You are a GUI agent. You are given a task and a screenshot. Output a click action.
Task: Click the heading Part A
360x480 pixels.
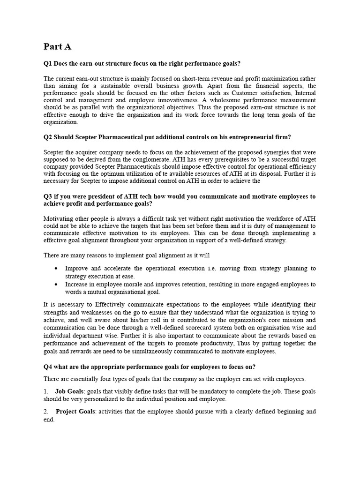point(58,46)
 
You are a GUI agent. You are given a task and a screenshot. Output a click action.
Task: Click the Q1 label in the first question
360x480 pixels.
point(48,64)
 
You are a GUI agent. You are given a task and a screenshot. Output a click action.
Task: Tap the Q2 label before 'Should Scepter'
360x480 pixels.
point(48,137)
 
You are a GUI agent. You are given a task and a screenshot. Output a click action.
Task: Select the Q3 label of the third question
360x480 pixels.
point(48,196)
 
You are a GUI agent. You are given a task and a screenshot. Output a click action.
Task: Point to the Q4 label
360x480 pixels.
point(48,367)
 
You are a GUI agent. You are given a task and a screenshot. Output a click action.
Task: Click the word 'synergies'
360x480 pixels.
point(273,152)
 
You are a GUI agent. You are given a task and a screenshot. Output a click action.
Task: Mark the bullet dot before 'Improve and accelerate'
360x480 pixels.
point(56,269)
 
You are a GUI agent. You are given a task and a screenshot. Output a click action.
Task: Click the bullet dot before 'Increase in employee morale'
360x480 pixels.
point(56,285)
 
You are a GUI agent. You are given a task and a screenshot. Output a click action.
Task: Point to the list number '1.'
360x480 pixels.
point(46,391)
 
